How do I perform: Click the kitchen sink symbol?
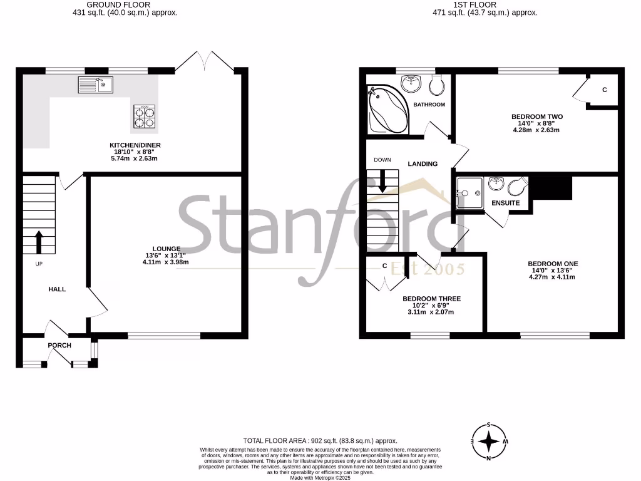coord(95,84)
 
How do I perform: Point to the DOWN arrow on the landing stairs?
coord(382,182)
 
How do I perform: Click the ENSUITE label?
coord(506,203)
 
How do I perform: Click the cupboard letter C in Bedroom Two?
coord(604,90)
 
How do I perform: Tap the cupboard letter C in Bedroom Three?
coord(385,266)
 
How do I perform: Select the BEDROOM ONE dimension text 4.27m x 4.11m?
coord(552,277)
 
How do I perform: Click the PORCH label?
coord(59,345)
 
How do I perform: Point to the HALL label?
coord(58,289)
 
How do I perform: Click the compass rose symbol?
coord(488,442)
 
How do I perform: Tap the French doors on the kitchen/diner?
coord(206,61)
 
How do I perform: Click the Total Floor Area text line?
coord(320,441)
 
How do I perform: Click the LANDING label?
coord(423,164)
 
